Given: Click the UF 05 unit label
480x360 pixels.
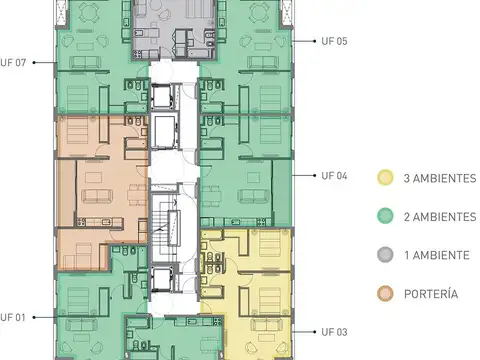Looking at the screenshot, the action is (334, 41).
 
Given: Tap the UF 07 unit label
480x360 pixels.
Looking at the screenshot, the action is (13, 63).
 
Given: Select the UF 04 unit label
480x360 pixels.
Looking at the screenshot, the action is (334, 176).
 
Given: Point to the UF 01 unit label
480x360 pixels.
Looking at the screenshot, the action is (13, 317).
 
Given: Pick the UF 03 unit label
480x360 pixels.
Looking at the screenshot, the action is (334, 332).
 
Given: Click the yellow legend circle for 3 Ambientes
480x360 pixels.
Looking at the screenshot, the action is (385, 178).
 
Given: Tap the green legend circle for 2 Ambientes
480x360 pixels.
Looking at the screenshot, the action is (385, 216).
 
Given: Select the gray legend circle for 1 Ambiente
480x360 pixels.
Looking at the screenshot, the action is (385, 255).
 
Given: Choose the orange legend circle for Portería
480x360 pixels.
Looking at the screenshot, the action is (385, 294).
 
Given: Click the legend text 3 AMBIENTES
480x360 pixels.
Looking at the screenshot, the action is (440, 178).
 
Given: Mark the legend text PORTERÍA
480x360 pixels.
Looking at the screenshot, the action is (431, 294).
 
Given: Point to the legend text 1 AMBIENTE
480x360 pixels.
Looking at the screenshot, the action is (437, 255).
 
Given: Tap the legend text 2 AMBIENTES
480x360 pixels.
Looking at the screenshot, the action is (440, 217).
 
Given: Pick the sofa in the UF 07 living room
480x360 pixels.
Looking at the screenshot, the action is (85, 62).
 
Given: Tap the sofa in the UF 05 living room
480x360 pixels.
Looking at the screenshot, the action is (263, 62).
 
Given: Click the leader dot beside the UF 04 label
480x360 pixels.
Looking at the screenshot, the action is (315, 175).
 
